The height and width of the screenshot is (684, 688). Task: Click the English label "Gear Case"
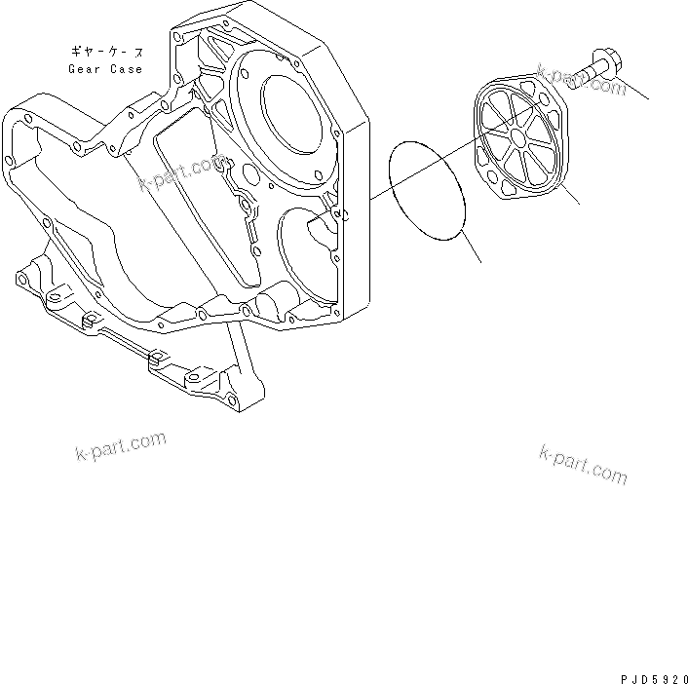(105, 69)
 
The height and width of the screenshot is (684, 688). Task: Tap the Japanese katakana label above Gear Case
(105, 50)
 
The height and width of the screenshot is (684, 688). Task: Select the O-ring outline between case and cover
(429, 190)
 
